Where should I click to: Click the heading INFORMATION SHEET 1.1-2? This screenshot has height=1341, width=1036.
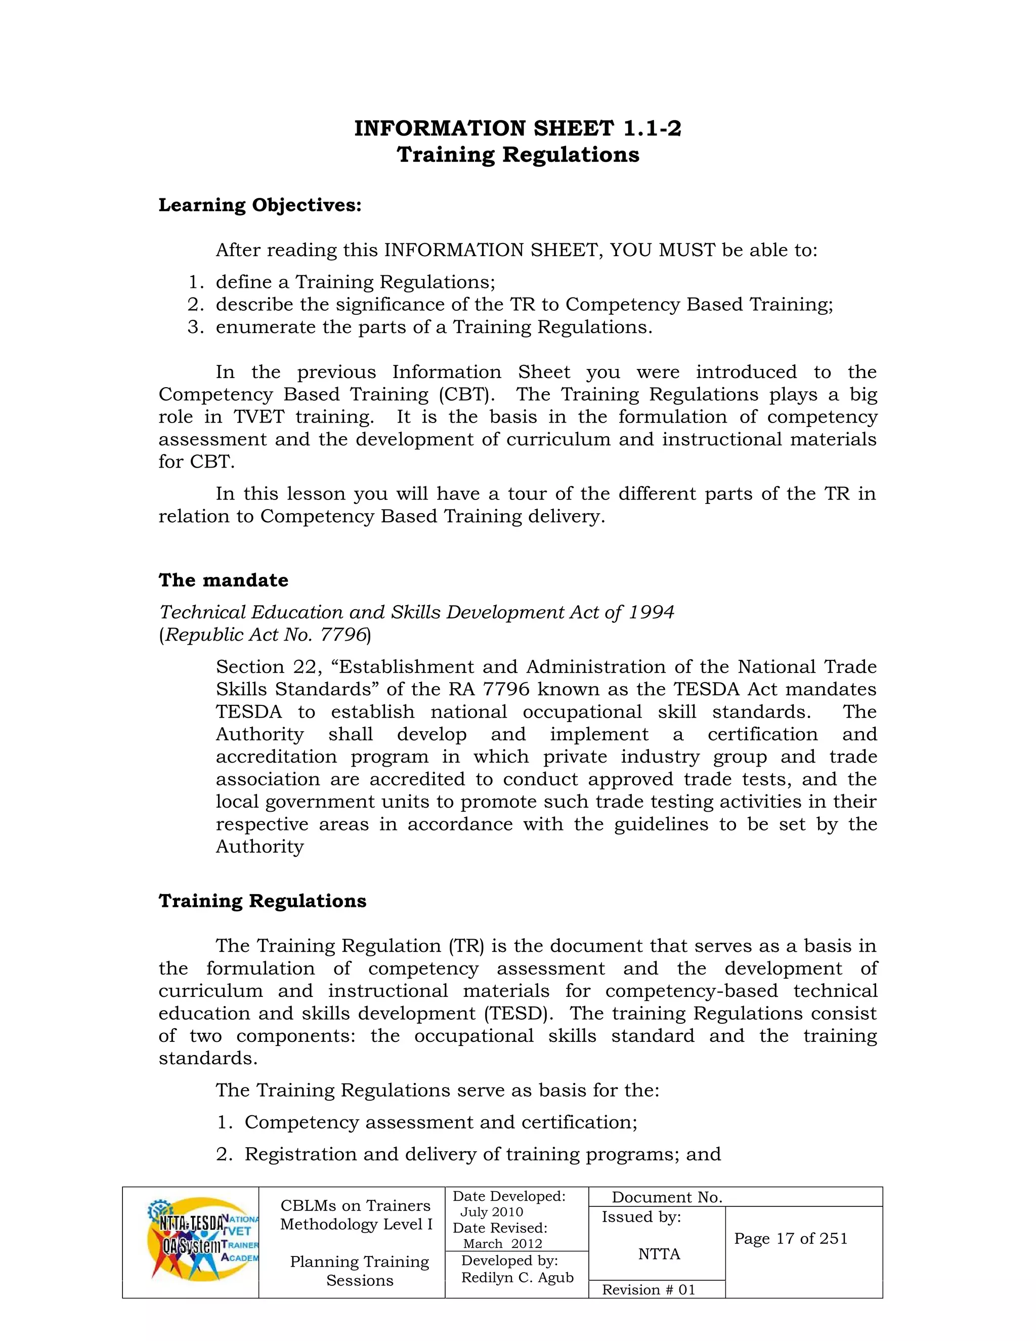(517, 129)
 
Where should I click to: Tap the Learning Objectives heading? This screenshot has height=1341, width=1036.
(260, 205)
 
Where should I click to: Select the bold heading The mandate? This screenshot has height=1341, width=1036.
(224, 580)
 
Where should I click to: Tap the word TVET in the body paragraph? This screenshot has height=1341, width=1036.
(258, 417)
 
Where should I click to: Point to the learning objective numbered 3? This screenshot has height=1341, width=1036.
(434, 327)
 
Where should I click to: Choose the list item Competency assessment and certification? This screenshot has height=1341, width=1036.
(441, 1122)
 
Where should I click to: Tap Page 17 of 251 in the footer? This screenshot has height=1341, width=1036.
(791, 1238)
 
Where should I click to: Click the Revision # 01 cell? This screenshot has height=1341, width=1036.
(649, 1290)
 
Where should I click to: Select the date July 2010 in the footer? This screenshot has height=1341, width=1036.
(492, 1212)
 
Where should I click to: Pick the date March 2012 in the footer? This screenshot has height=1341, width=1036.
(503, 1244)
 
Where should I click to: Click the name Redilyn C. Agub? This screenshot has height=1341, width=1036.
(517, 1278)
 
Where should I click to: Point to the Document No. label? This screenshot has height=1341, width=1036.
(667, 1197)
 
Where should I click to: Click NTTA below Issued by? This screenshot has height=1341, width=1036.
(659, 1254)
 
